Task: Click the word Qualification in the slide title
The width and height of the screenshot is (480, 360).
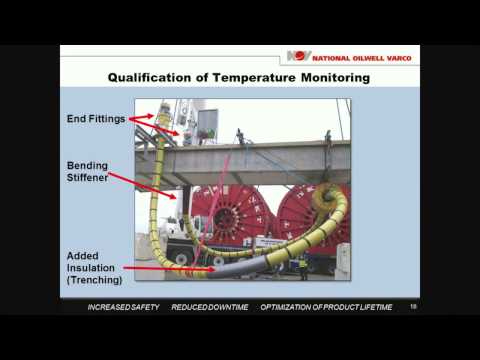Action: pos(154,78)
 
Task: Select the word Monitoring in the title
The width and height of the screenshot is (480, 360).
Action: pos(334,78)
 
